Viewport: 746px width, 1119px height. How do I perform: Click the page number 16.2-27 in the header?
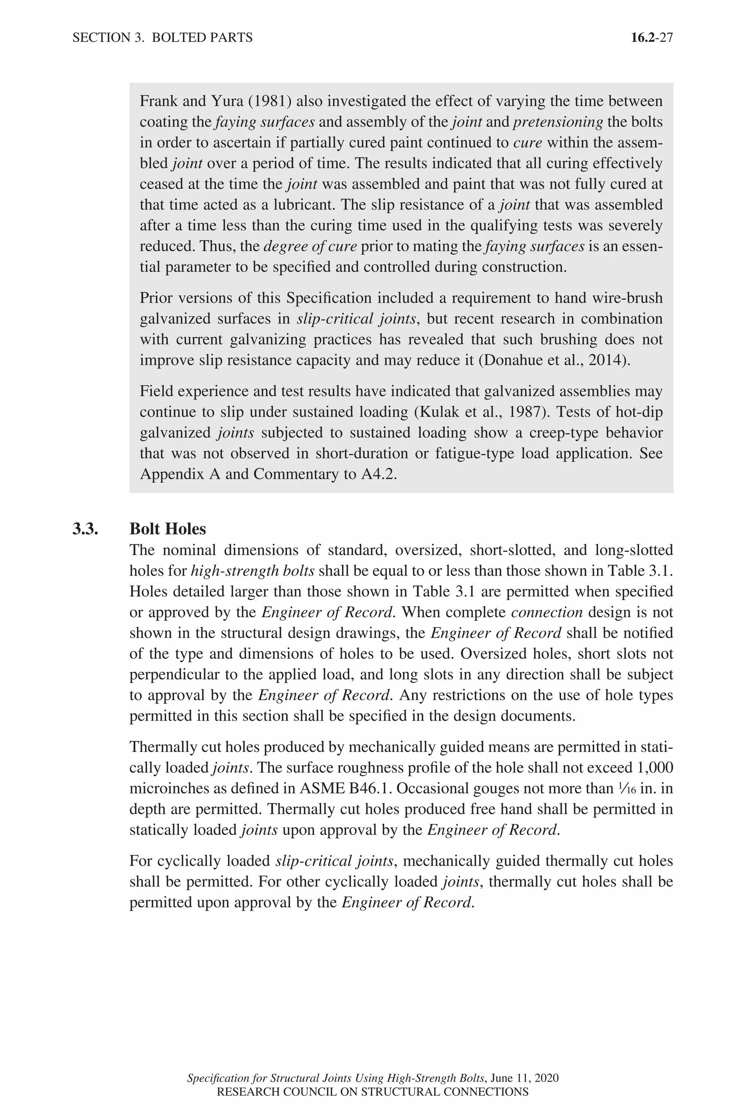651,38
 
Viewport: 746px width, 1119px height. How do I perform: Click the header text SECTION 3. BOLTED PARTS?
162,38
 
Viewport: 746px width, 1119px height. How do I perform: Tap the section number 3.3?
85,529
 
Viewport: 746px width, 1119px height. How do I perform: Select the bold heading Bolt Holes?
168,529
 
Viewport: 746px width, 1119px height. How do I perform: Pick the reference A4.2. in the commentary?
379,474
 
